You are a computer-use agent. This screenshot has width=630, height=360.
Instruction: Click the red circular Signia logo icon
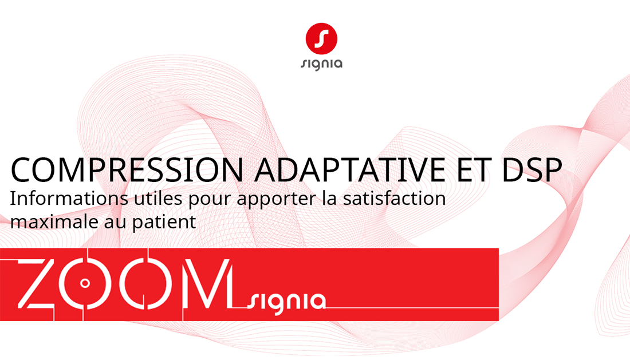pos(321,38)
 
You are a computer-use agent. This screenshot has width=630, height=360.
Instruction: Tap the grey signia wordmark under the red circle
pos(321,64)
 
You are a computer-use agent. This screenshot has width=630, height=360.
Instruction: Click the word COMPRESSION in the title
pos(127,170)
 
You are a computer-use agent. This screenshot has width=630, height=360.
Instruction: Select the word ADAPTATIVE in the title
pos(349,170)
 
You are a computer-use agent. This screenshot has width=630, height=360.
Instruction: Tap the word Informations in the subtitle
pos(69,198)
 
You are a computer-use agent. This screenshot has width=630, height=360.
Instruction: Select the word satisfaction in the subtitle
pos(394,198)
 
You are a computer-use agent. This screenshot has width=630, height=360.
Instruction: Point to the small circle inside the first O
pos(85,283)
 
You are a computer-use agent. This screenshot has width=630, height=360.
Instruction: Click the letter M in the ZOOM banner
pos(208,284)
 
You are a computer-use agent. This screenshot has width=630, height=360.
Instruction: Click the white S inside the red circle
pos(321,38)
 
